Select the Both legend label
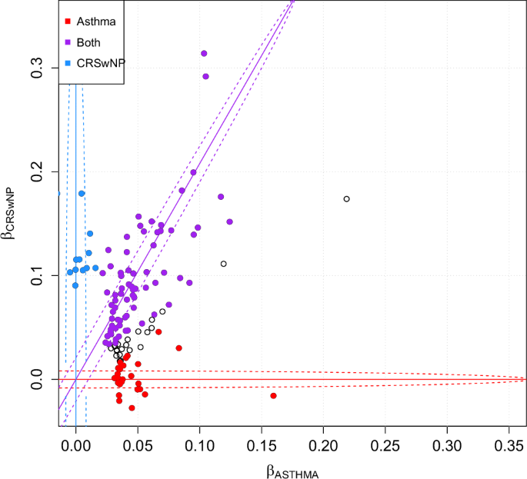88,43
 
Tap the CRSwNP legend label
97,65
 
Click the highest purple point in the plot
204,54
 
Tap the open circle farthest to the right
346,199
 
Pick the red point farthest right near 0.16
273,395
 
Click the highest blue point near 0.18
82,194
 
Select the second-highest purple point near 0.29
205,76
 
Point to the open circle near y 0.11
224,264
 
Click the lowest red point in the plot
132,407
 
